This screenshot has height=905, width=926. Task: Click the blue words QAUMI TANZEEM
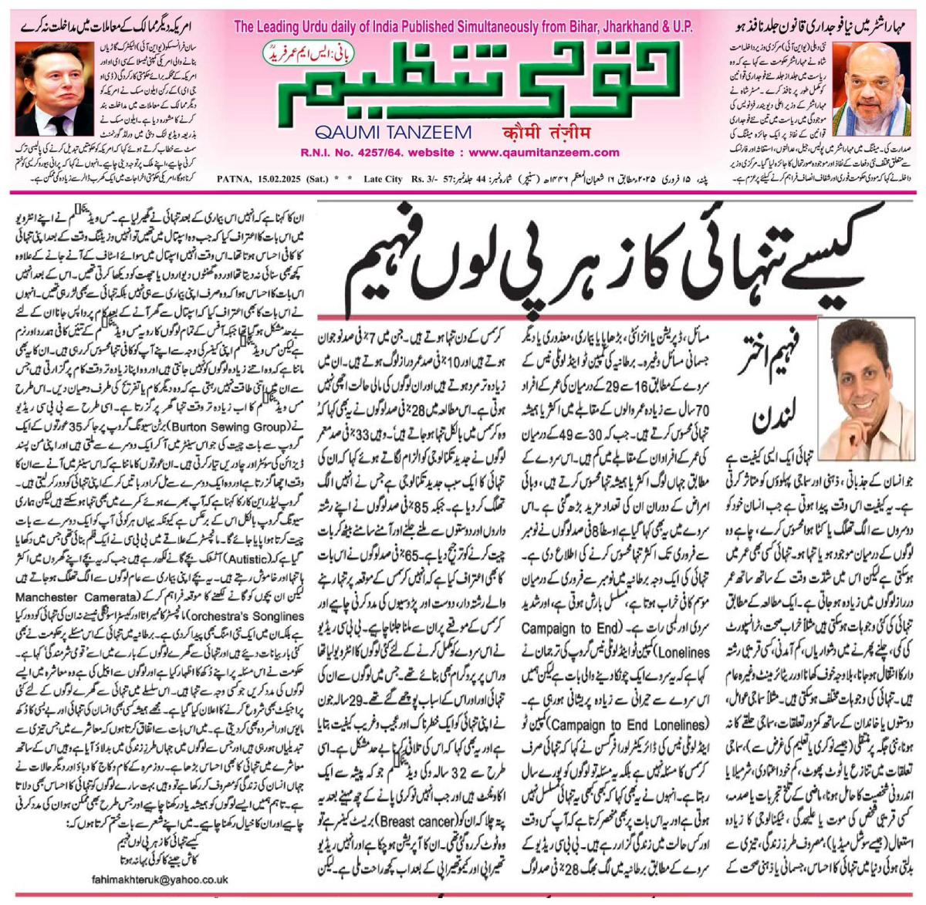tap(393, 132)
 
